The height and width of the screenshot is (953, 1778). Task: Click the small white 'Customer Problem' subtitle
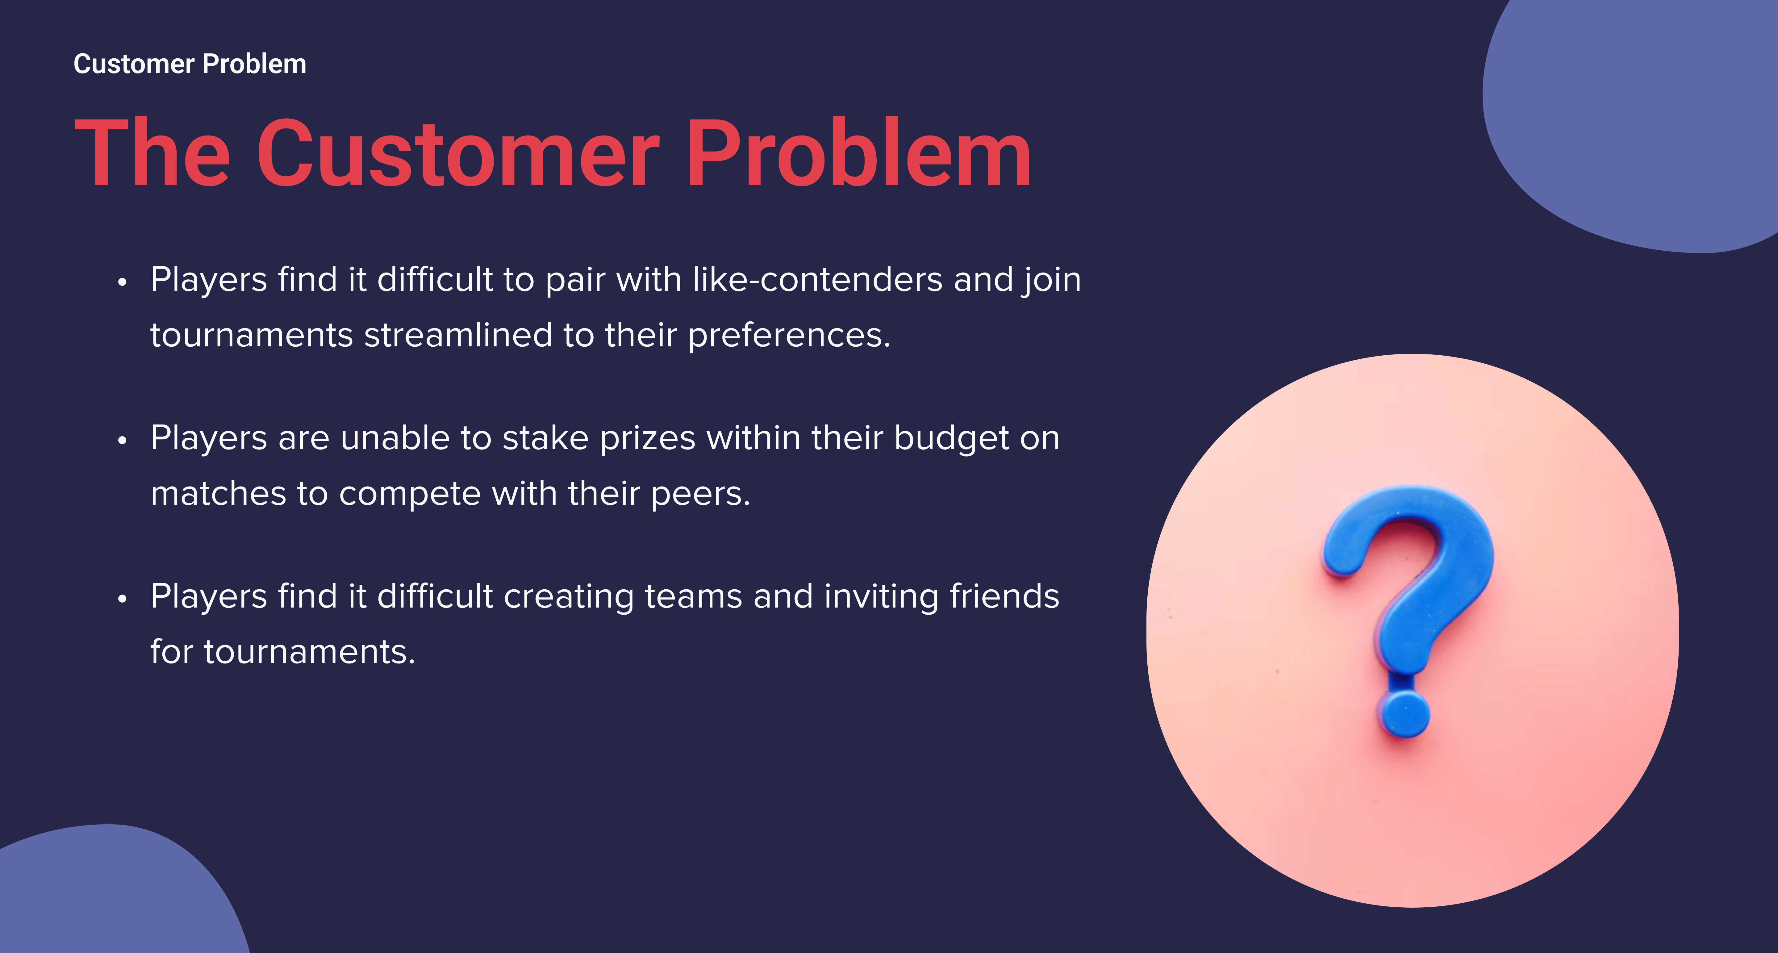coord(190,64)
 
